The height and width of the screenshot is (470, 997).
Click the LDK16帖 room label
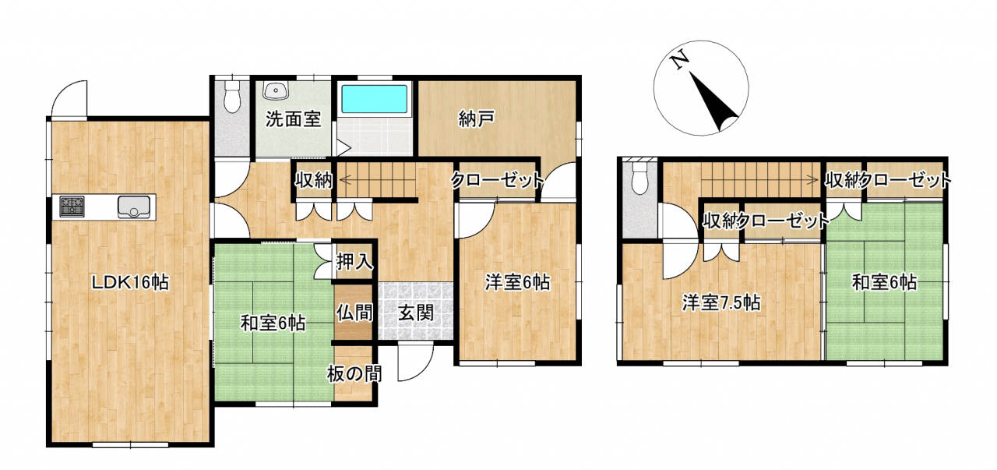130,282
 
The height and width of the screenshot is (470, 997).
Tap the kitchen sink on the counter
134,207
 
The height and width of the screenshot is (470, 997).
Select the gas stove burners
72,207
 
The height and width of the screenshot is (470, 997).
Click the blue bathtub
375,99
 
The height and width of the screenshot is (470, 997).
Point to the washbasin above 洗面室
277,90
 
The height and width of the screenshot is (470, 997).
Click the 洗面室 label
293,119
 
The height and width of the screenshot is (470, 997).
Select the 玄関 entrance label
416,313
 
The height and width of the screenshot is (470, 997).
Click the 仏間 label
354,313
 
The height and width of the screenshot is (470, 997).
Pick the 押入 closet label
354,262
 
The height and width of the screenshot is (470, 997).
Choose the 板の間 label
354,373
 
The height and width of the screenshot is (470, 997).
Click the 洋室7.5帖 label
721,303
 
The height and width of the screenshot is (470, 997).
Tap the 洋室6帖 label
517,282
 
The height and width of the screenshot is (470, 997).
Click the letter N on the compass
680,62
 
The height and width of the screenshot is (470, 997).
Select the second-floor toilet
640,178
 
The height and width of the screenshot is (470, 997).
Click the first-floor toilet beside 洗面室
231,96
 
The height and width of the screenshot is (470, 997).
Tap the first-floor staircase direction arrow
378,180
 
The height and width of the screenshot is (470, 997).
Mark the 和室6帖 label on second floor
884,282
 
